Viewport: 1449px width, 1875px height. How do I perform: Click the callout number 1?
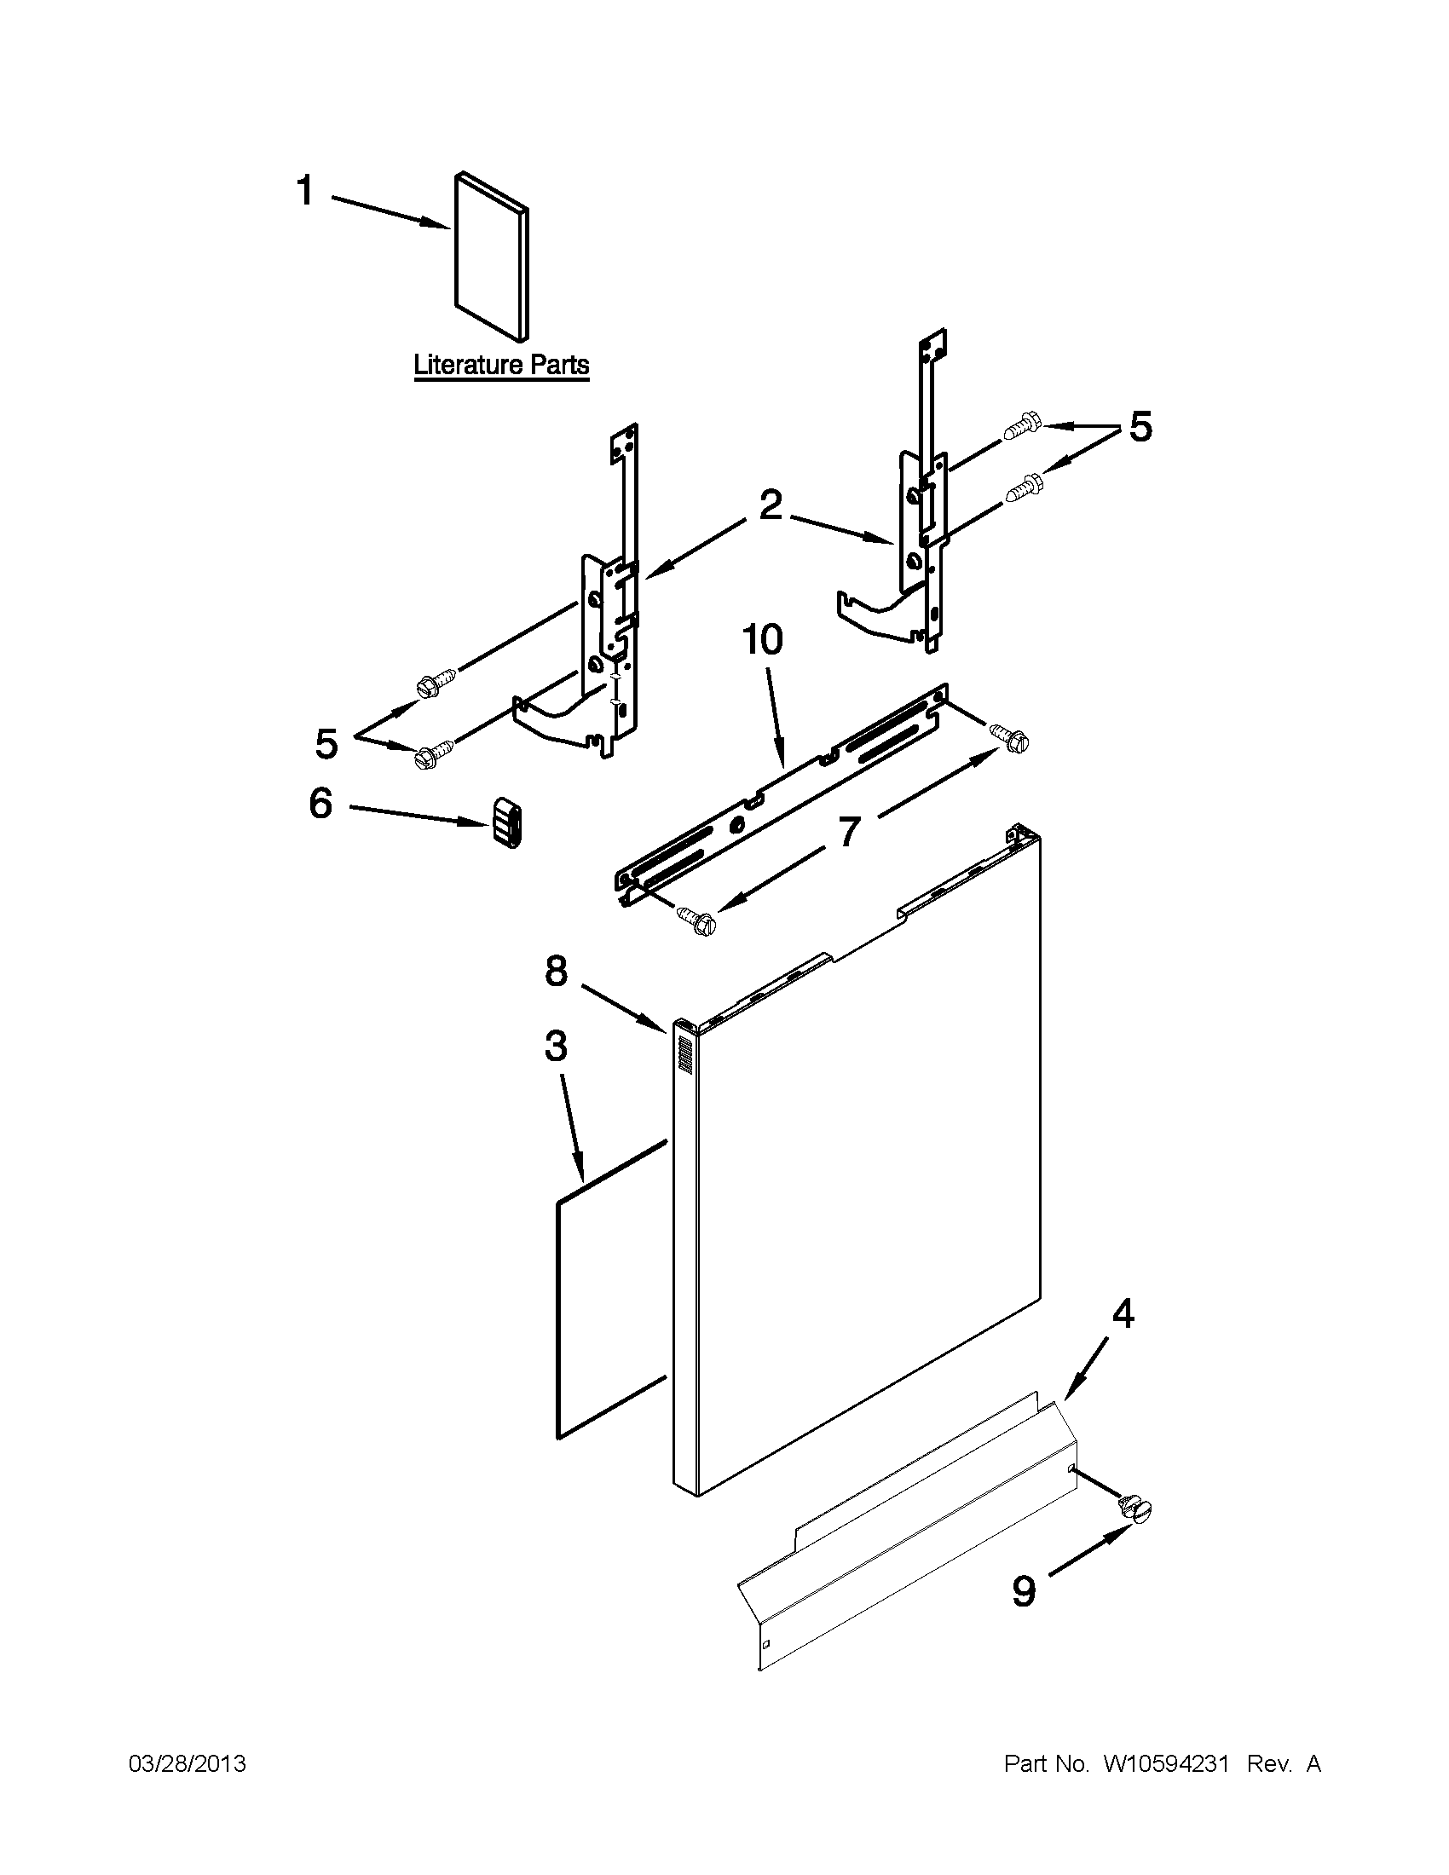(305, 191)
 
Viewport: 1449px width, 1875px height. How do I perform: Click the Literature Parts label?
(501, 365)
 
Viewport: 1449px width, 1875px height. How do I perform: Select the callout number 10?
(763, 640)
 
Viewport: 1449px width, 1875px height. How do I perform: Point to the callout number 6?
(320, 804)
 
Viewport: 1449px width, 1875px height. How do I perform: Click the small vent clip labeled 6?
(507, 822)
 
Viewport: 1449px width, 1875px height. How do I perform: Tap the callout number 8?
(557, 971)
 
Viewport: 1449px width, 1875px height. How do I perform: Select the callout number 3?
(556, 1047)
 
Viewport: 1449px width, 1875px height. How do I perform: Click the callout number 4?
(1123, 1314)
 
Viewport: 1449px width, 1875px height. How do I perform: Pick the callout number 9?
(1024, 1591)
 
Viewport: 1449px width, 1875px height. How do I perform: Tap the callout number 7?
(848, 832)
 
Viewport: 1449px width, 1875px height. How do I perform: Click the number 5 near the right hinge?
(1140, 427)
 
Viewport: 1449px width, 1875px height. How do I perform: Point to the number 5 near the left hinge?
(326, 743)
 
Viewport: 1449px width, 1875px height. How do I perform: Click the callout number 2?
(770, 505)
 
